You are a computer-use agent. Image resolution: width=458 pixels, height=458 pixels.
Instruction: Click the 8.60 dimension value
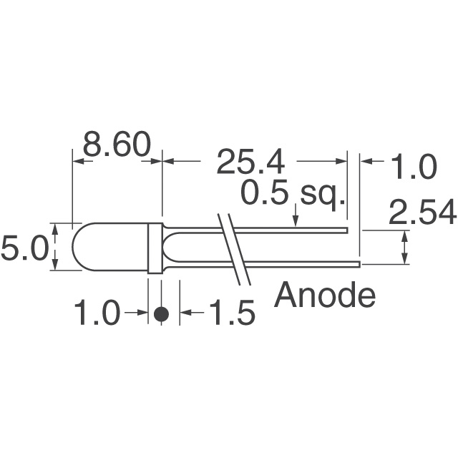[117, 145]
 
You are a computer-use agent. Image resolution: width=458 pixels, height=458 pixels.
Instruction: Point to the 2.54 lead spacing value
[422, 213]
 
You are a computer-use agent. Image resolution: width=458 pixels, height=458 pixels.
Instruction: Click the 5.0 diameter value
[24, 248]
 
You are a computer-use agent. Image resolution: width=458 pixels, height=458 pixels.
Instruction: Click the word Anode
[325, 294]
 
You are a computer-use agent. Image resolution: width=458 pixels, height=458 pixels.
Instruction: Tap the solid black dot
[162, 313]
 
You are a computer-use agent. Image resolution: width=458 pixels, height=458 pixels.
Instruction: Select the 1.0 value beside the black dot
[97, 313]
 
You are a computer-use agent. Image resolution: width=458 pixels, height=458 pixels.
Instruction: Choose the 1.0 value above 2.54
[412, 168]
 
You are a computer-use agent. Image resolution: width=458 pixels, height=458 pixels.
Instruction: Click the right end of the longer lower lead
[358, 264]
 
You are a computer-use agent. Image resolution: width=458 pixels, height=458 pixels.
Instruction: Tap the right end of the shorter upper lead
[346, 230]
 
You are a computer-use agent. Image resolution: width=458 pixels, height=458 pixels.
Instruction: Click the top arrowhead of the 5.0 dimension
[56, 228]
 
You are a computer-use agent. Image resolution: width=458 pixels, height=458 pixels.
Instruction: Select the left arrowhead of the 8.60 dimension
[78, 162]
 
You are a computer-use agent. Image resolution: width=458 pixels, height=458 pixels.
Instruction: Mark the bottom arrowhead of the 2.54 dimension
[406, 260]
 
